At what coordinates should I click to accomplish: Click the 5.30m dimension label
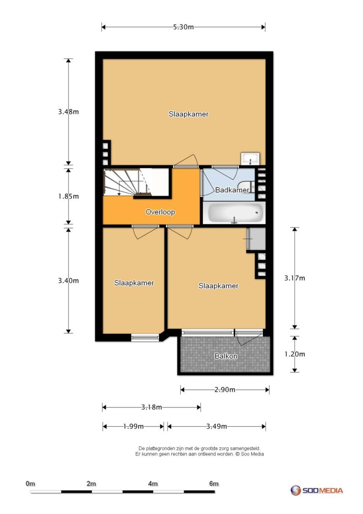[183, 27]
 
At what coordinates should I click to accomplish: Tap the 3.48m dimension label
[69, 112]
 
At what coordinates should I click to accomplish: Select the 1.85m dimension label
[69, 196]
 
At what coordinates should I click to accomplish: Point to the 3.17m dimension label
[294, 278]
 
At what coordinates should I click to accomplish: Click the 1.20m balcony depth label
[294, 354]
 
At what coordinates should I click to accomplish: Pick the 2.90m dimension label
[225, 390]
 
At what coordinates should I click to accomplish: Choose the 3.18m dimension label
[152, 407]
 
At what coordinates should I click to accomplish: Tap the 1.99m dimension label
[134, 427]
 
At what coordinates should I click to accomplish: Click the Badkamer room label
[232, 190]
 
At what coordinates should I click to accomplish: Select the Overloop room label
[160, 212]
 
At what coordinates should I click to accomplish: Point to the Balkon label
[226, 356]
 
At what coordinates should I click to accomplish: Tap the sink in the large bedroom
[250, 159]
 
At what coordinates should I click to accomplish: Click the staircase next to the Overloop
[128, 183]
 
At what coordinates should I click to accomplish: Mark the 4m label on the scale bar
[153, 483]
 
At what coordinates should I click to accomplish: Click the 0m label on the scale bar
[30, 483]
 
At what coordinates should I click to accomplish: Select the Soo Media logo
[317, 490]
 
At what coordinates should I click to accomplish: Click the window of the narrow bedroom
[145, 338]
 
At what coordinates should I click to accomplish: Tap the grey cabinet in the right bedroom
[256, 240]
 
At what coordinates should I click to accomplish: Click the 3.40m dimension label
[69, 281]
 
